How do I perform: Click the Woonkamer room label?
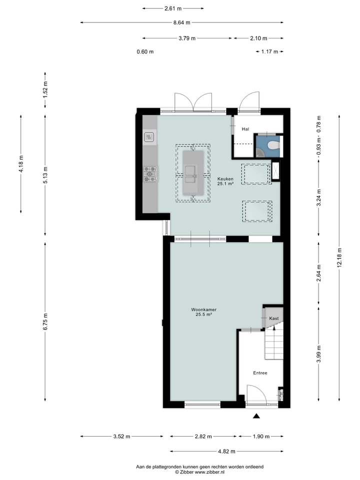coord(203,309)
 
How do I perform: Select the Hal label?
coord(245,129)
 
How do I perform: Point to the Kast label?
coord(273,318)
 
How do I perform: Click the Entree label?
coord(260,373)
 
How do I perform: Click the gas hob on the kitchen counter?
coord(150,174)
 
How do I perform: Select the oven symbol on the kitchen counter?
coord(149,136)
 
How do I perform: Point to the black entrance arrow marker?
coord(257,416)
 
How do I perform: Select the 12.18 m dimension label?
coord(339,257)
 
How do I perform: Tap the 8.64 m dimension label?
coord(181,22)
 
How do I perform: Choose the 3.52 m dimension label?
coord(121,436)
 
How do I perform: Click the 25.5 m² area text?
coord(203,314)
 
